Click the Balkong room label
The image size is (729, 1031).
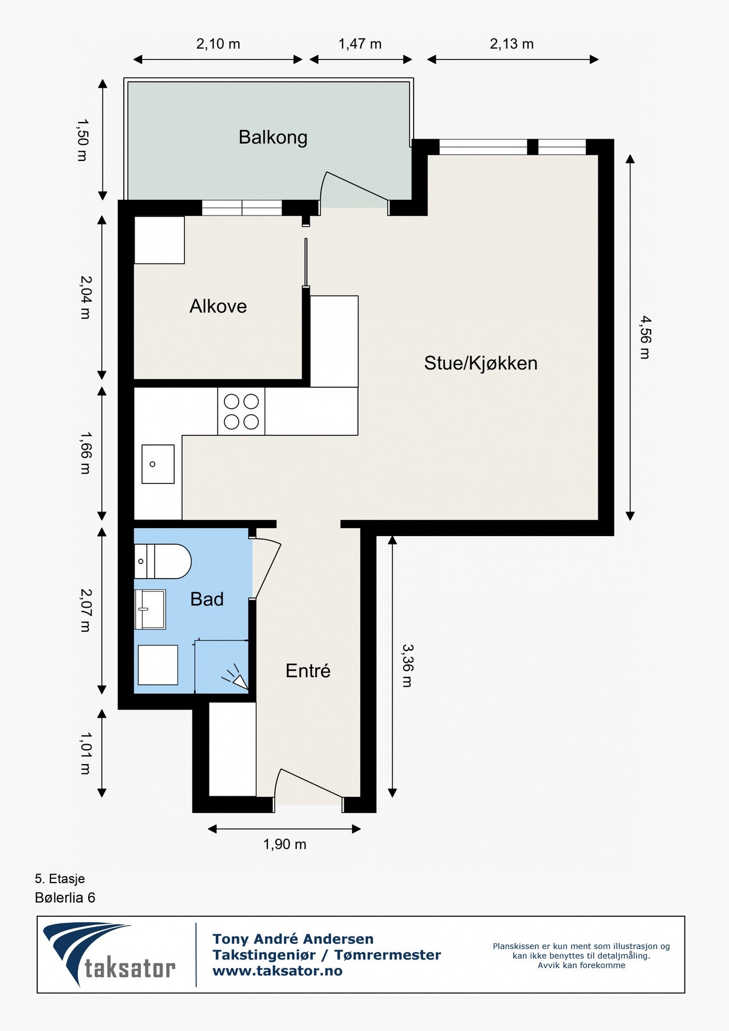click(273, 137)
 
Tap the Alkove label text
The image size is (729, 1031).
click(218, 306)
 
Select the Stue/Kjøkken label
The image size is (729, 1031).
click(480, 363)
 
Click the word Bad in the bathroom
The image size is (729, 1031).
click(207, 599)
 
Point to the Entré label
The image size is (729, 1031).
click(308, 671)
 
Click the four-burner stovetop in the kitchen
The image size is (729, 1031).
click(241, 411)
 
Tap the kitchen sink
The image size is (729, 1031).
click(158, 464)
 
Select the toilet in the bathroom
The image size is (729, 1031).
click(163, 561)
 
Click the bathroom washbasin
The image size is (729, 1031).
click(150, 609)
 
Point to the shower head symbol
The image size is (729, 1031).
click(237, 679)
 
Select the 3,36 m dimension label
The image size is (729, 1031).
click(407, 665)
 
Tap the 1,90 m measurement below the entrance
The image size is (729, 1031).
click(285, 844)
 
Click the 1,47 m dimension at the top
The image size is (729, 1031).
click(360, 44)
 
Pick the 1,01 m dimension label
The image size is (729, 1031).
click(85, 753)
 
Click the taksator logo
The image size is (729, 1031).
click(109, 954)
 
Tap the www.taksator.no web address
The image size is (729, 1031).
click(277, 971)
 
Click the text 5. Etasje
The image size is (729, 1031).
click(60, 879)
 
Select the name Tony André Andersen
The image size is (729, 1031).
click(293, 939)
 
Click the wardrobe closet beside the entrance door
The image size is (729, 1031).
click(232, 749)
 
